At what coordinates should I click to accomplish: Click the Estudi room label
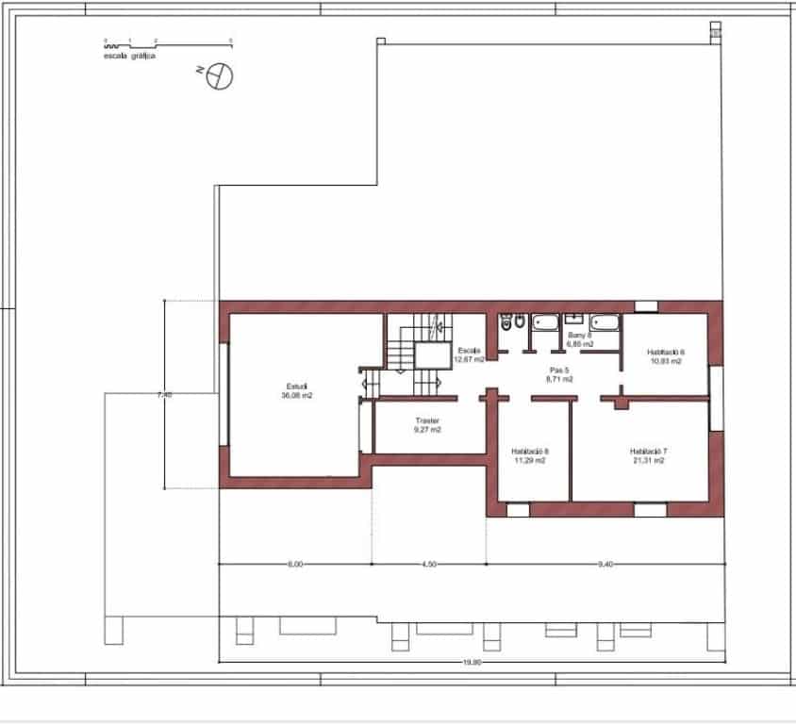[x=296, y=387]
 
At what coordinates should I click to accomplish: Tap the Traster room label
[x=427, y=420]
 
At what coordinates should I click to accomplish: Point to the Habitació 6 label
[x=666, y=352]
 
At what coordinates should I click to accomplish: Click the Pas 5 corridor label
[x=560, y=370]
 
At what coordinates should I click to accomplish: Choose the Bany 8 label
[x=579, y=335]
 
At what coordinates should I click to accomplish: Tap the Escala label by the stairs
[x=469, y=350]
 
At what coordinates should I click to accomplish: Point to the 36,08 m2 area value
[x=296, y=396]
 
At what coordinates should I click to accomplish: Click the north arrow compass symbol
[x=219, y=75]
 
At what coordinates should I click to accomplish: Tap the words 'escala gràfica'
[x=130, y=57]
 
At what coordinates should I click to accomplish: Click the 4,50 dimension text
[x=428, y=565]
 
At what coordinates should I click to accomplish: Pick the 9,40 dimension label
[x=605, y=565]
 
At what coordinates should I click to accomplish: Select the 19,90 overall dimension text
[x=472, y=663]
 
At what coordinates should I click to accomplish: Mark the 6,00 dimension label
[x=294, y=565]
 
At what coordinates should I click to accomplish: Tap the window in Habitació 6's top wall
[x=647, y=306]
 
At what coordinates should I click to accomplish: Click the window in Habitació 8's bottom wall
[x=518, y=510]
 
